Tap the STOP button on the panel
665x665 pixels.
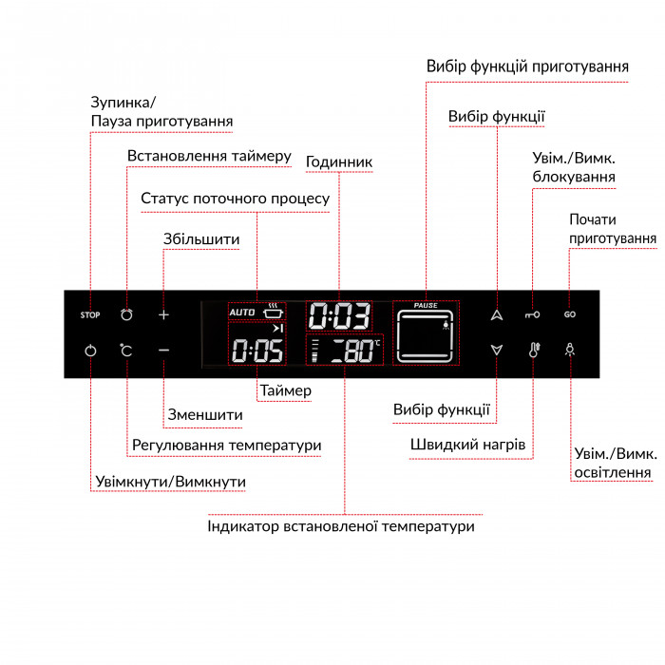(90, 314)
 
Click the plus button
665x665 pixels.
(163, 314)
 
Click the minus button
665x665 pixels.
(163, 351)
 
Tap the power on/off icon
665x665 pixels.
(90, 351)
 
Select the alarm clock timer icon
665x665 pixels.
(126, 314)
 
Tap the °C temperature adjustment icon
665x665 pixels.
(126, 351)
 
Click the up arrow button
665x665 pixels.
(497, 314)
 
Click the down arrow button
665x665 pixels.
(497, 350)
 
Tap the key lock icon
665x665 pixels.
(532, 314)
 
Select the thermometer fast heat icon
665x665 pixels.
(534, 350)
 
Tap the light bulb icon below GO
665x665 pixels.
(570, 350)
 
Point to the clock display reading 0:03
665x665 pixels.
(339, 316)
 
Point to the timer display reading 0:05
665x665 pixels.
(257, 351)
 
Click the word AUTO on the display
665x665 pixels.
(241, 313)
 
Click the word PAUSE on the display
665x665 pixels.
(426, 305)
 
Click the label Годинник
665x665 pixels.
(339, 161)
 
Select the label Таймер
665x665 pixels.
(286, 390)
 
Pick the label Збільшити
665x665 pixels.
(201, 239)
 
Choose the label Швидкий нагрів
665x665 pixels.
(467, 445)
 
